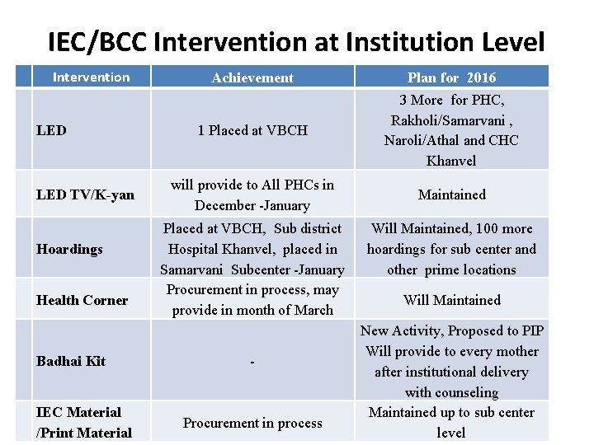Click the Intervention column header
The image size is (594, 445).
pos(91,77)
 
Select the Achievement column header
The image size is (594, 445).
pos(252,77)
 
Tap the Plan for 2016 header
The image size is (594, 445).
pos(451,77)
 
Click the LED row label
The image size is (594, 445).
pos(51,130)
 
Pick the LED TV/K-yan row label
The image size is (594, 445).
pos(85,194)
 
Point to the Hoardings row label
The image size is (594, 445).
pos(69,249)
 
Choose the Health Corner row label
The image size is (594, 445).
pos(82,300)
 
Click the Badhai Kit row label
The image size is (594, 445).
pos(70,361)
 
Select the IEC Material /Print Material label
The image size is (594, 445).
pos(83,423)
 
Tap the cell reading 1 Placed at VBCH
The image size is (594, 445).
pos(252,130)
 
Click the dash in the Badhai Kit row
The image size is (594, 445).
pos(252,362)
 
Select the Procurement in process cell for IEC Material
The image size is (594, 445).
pos(252,423)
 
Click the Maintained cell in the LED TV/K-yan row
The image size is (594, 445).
pos(451,194)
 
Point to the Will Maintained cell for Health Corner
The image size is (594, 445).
pos(451,300)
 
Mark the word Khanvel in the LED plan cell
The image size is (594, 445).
pos(451,161)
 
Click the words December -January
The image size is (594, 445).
pos(252,205)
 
